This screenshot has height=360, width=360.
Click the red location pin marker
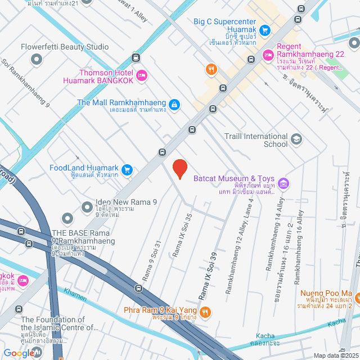(179, 169)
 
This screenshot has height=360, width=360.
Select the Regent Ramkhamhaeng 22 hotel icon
(268, 54)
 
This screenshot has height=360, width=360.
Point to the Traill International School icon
(296, 139)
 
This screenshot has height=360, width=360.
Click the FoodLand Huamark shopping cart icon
(127, 169)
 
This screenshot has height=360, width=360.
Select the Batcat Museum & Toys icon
(283, 183)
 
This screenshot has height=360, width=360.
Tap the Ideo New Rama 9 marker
(87, 208)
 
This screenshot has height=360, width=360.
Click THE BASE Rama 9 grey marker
(67, 218)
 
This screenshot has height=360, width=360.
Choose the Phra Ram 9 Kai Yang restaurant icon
(205, 312)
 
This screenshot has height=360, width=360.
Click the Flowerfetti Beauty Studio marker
(37, 58)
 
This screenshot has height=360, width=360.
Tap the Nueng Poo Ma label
(326, 293)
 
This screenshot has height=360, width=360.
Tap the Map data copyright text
(335, 355)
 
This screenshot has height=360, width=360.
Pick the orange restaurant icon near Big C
(211, 69)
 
